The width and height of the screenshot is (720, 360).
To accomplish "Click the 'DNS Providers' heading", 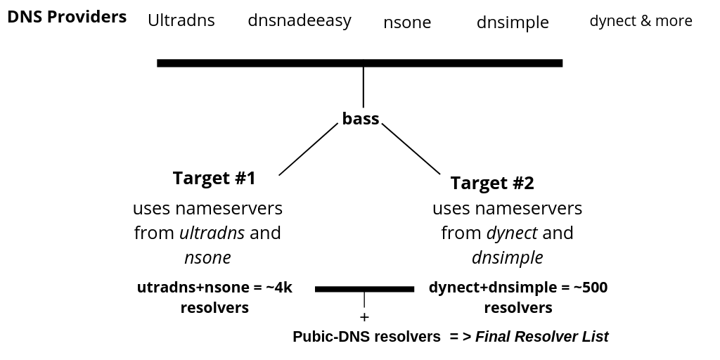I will pyautogui.click(x=67, y=16).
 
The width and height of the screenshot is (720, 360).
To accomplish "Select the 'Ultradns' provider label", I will pyautogui.click(x=181, y=20).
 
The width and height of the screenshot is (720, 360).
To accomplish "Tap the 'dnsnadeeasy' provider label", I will pyautogui.click(x=300, y=20).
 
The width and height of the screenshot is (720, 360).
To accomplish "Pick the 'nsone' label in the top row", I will pyautogui.click(x=407, y=22).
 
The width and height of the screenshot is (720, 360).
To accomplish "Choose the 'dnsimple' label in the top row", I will pyautogui.click(x=512, y=22).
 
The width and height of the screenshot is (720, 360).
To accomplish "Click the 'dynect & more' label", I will pyautogui.click(x=641, y=21).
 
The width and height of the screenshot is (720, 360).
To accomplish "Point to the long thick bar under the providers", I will pyautogui.click(x=359, y=63).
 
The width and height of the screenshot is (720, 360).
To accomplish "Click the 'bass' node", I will pyautogui.click(x=361, y=119).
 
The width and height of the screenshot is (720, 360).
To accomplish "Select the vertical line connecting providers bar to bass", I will pyautogui.click(x=363, y=86).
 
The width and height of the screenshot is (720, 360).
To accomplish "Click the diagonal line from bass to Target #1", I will pyautogui.click(x=308, y=149).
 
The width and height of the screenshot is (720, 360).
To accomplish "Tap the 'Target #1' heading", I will pyautogui.click(x=214, y=179).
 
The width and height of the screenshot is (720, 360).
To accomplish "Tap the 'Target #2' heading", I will pyautogui.click(x=492, y=184).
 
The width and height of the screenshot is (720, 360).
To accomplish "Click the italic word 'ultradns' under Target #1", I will pyautogui.click(x=212, y=233).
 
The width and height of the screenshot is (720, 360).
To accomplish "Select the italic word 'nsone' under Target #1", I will pyautogui.click(x=207, y=257).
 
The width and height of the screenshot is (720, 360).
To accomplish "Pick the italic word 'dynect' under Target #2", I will pyautogui.click(x=512, y=233).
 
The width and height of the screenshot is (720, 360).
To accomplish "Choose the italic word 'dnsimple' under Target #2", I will pyautogui.click(x=507, y=257).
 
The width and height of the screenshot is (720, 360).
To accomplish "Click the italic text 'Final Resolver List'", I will pyautogui.click(x=541, y=337).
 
